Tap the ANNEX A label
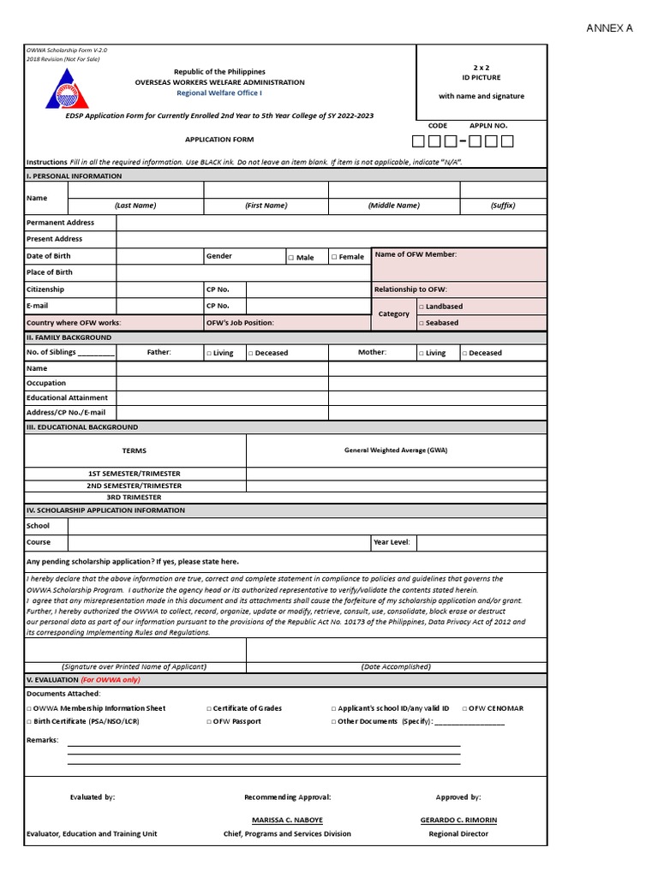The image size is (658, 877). (609, 28)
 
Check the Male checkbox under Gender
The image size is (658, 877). (291, 257)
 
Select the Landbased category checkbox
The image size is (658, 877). (421, 307)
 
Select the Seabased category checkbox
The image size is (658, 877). (421, 323)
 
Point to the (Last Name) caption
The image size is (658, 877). (135, 206)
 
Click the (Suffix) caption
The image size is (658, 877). (503, 206)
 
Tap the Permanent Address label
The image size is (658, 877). (60, 223)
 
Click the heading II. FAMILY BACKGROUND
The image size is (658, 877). (69, 337)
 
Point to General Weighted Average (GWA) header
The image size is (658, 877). (396, 450)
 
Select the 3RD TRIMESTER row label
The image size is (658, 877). (134, 497)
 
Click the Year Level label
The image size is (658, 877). (392, 542)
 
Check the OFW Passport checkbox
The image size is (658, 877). (209, 722)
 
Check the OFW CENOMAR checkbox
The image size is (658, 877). (465, 708)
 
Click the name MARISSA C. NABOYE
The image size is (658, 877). (287, 820)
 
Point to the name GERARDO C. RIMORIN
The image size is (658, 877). (458, 820)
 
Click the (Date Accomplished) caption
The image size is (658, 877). (396, 666)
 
